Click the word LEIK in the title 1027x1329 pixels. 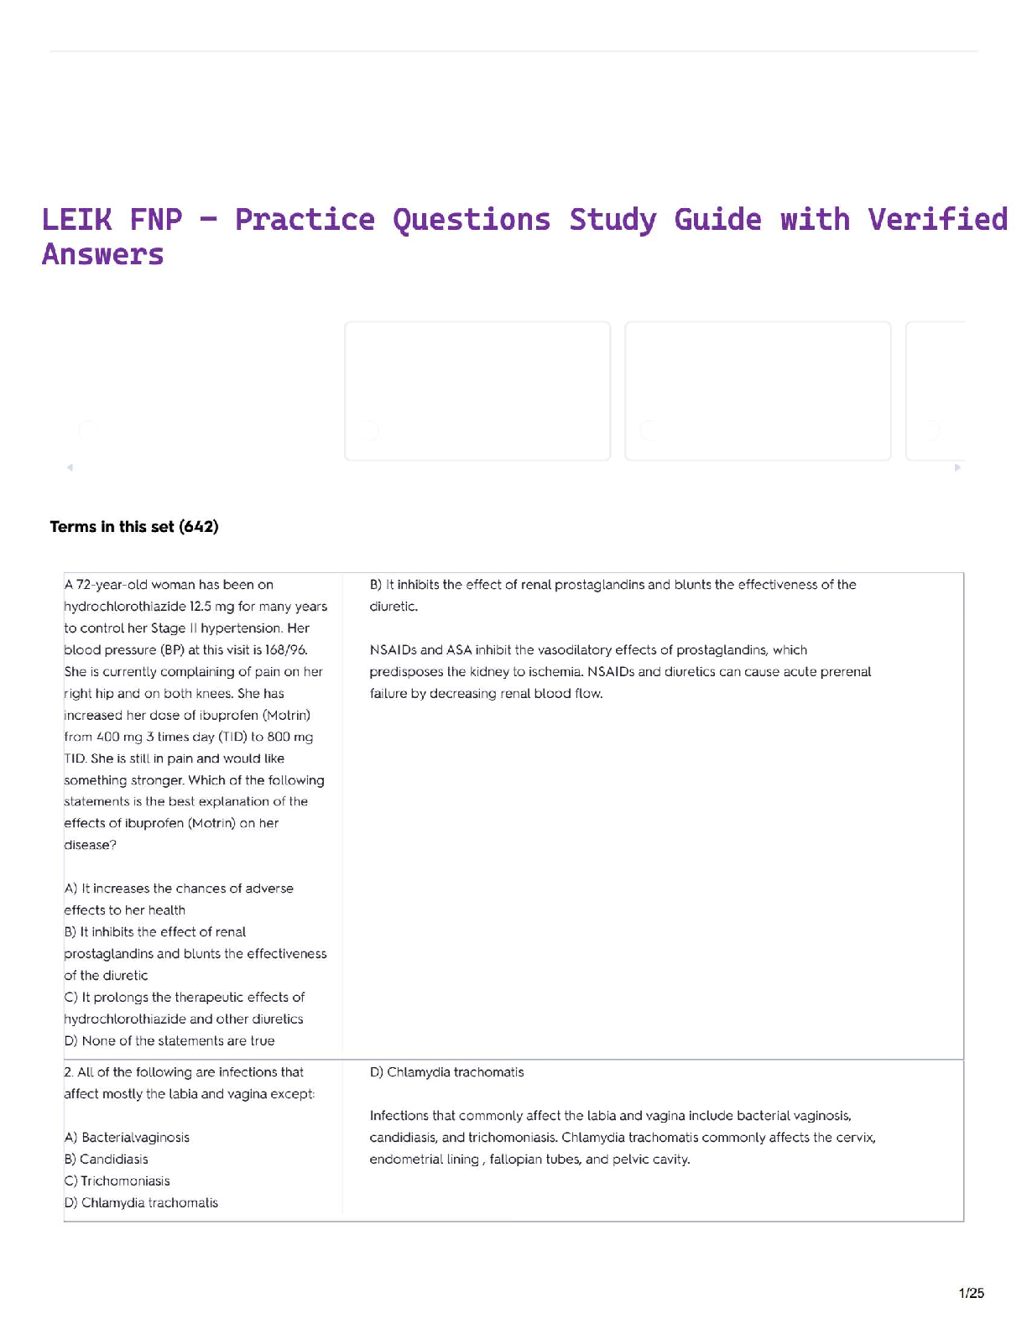pyautogui.click(x=76, y=220)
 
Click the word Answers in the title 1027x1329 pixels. pyautogui.click(x=102, y=255)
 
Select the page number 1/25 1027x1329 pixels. pyautogui.click(x=971, y=1293)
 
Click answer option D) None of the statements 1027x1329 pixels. pyautogui.click(x=169, y=1041)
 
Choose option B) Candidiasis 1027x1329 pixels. pyautogui.click(x=106, y=1160)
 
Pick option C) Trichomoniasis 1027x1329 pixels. pyautogui.click(x=117, y=1181)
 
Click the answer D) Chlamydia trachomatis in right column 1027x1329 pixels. pyautogui.click(x=446, y=1072)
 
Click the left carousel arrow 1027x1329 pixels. pyautogui.click(x=70, y=467)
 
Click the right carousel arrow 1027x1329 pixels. pyautogui.click(x=957, y=467)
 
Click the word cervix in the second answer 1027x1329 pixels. pyautogui.click(x=856, y=1138)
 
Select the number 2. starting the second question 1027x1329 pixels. pyautogui.click(x=69, y=1072)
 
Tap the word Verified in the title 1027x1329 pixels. pyautogui.click(x=937, y=220)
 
